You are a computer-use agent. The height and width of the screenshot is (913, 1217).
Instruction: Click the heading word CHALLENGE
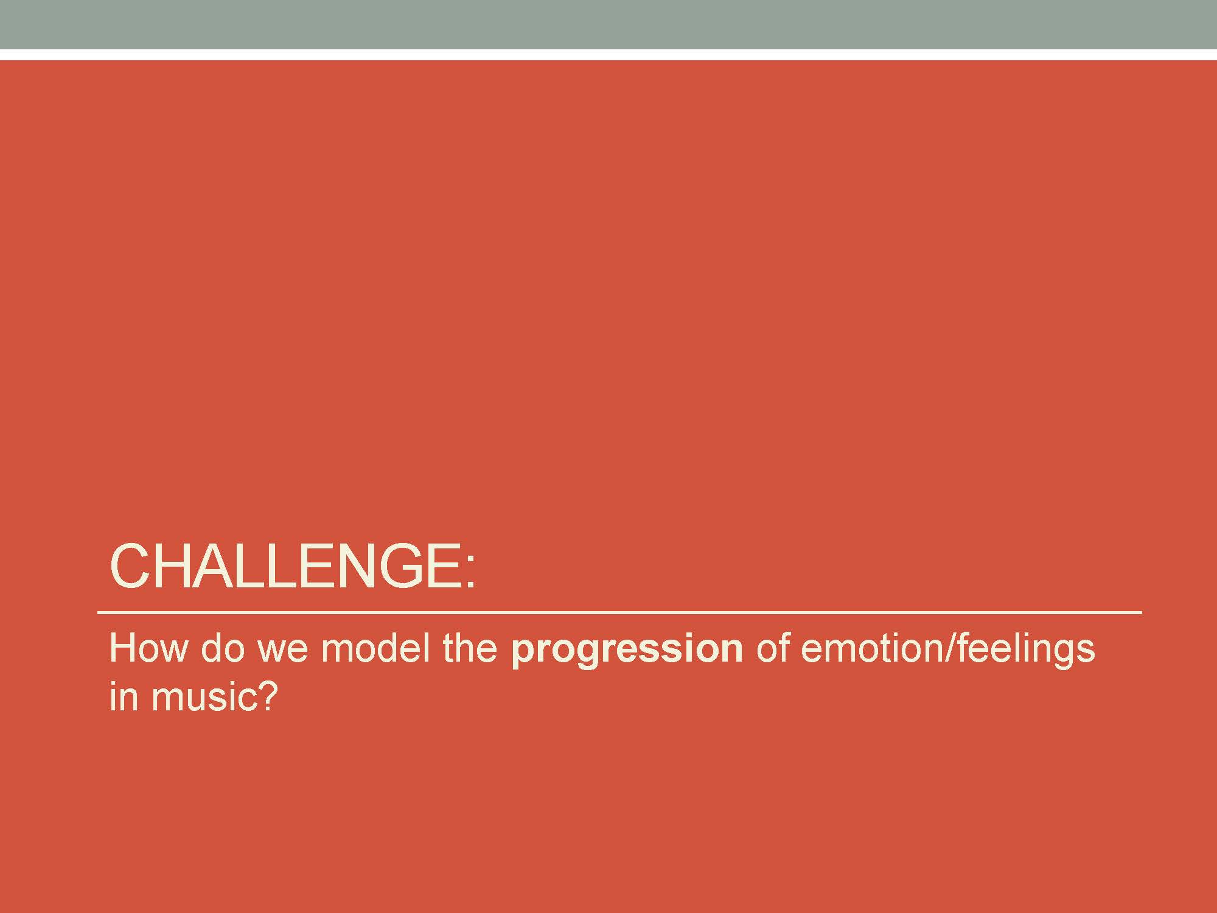pos(286,566)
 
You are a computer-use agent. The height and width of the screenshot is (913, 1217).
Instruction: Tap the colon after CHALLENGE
pos(469,572)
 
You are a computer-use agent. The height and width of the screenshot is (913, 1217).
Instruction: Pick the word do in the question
pos(222,649)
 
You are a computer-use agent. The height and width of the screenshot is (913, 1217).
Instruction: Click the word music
pos(201,697)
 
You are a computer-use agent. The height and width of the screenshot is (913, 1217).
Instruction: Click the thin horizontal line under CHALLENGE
pos(619,612)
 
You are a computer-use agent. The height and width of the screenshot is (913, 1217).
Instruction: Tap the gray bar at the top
pos(608,24)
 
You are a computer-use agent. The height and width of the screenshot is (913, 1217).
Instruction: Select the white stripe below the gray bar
pos(608,55)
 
